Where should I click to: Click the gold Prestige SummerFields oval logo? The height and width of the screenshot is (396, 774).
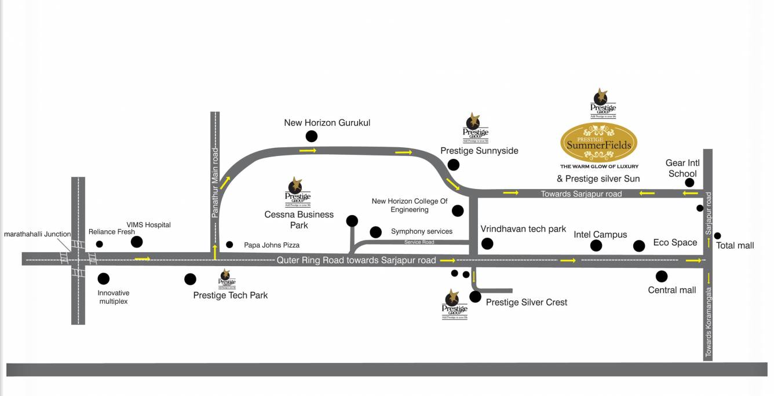598,142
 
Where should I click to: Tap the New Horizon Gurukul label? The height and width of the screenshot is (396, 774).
327,123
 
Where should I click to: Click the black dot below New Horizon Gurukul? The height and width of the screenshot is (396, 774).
311,136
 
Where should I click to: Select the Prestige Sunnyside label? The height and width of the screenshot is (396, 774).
479,151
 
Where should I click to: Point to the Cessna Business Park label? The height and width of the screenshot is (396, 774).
299,219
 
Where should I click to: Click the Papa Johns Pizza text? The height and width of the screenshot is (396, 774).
272,245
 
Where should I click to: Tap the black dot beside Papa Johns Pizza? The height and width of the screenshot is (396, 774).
229,245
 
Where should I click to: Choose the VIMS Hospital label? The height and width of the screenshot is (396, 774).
149,225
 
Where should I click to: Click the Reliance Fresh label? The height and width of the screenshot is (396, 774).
112,232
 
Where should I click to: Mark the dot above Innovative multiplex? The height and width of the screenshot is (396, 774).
104,279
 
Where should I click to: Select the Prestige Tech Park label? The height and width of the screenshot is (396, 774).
231,295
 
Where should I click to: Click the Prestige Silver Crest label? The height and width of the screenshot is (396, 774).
526,302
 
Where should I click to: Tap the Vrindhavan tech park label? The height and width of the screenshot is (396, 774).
523,229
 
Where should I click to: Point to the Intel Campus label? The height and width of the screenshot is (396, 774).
600,235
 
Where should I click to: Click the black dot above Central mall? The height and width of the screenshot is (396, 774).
662,276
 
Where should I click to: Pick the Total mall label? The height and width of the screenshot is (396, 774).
735,245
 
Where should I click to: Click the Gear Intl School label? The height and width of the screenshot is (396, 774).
682,169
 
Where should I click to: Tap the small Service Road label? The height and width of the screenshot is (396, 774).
419,242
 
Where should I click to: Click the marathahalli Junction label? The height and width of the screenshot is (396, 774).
37,234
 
